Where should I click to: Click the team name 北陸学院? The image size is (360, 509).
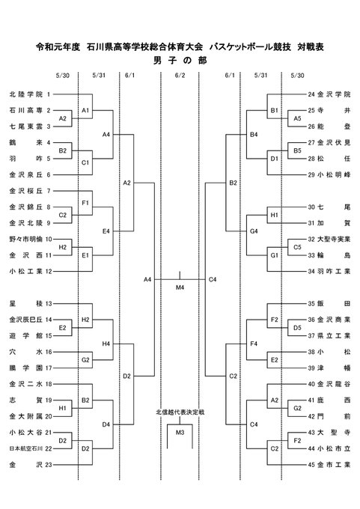[x=26, y=94]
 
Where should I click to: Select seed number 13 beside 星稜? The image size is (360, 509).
[x=49, y=303]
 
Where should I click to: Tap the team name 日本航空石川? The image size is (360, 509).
[x=26, y=448]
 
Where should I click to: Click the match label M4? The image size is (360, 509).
[x=180, y=287]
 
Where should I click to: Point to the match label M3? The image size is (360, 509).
[x=180, y=433]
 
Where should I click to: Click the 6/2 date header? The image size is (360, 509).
[x=180, y=76]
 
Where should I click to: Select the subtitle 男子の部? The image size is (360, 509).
[x=180, y=61]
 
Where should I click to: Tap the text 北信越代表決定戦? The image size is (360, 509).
[x=180, y=412]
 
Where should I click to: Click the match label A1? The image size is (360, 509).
[x=85, y=110]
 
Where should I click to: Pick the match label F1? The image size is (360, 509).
[x=85, y=203]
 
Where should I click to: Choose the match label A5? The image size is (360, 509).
[x=297, y=118]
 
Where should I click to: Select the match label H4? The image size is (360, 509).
[x=106, y=344]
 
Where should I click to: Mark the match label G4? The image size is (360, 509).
[x=254, y=231]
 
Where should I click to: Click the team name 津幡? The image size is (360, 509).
[x=334, y=368]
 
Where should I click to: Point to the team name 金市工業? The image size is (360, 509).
[x=334, y=465]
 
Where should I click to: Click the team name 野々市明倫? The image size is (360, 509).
[x=26, y=240]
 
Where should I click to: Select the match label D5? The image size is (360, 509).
[x=297, y=328]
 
